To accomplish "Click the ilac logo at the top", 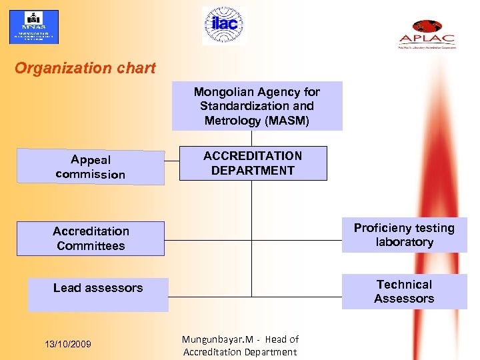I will click(x=224, y=25).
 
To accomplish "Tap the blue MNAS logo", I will click(x=33, y=27).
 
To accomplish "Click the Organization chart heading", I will click(x=85, y=68).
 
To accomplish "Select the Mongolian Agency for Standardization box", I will click(x=257, y=106).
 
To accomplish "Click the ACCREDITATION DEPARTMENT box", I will click(x=253, y=163).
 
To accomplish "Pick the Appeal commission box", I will click(x=91, y=167).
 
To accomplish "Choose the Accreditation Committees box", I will click(x=91, y=239).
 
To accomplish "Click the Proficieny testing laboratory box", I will click(x=404, y=235).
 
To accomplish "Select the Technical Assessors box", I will click(x=404, y=292).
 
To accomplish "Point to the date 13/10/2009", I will click(x=67, y=344).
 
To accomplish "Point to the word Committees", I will click(x=91, y=246).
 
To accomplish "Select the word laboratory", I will click(x=404, y=243).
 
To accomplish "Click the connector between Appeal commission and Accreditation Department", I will click(x=172, y=161).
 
